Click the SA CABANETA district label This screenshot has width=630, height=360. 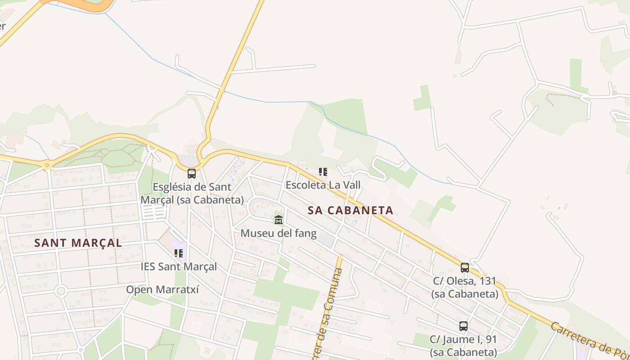[x=351, y=210]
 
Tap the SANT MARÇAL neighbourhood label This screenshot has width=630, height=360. [x=78, y=243]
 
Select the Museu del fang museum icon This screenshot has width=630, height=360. [x=279, y=220]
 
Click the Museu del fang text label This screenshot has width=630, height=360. [x=279, y=234]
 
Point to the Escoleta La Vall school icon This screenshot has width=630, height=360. [x=323, y=172]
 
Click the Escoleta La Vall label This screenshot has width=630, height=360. [x=323, y=184]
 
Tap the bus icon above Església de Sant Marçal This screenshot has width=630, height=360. [x=192, y=173]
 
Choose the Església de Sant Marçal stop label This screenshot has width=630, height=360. [x=192, y=193]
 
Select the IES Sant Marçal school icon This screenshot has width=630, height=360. [x=179, y=253]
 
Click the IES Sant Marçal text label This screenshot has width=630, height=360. [x=179, y=266]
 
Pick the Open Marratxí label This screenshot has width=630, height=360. [x=162, y=289]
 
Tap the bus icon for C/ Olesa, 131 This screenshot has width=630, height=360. [x=465, y=268]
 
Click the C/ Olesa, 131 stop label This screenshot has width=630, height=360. [x=465, y=287]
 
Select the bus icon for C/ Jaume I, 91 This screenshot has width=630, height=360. [x=463, y=326]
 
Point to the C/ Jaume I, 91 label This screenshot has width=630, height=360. [x=463, y=345]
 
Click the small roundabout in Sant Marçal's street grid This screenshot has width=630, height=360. [x=61, y=291]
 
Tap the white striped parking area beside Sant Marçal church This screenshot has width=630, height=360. [x=154, y=212]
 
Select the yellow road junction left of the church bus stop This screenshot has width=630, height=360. [x=47, y=165]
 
